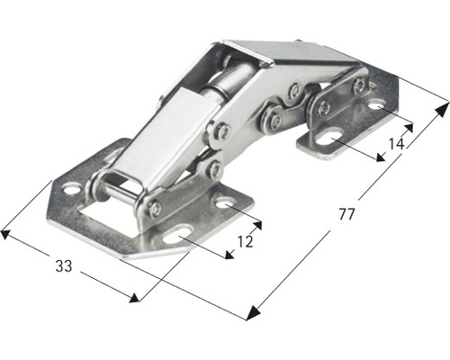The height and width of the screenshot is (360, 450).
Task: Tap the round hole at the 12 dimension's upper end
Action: (x=224, y=204)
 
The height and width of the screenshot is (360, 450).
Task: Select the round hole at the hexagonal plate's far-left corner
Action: (x=70, y=190)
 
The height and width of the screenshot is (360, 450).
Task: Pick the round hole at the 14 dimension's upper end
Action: (x=374, y=106)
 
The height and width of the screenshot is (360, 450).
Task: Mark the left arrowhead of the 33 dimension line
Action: (x=5, y=234)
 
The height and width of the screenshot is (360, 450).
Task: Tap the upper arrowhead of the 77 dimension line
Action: (x=442, y=108)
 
